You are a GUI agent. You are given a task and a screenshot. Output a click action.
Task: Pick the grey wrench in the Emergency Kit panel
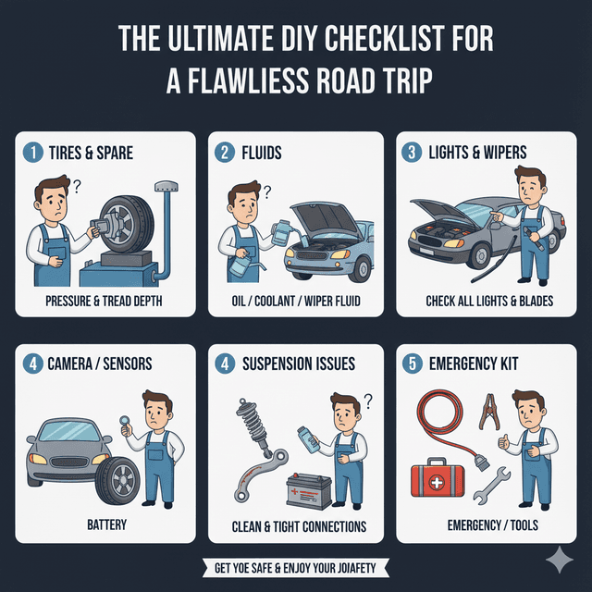[493, 486]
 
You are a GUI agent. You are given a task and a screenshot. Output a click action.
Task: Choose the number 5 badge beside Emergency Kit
[412, 364]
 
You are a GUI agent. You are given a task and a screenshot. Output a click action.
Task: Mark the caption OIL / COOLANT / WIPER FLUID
[297, 302]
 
